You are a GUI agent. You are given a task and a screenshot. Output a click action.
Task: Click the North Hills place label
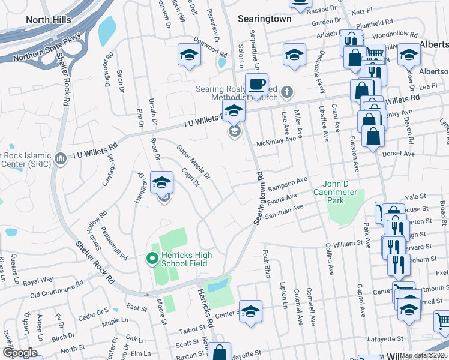point(48,20)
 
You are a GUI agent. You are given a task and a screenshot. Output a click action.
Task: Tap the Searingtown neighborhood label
point(265,19)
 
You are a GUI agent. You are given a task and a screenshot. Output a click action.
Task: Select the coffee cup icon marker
point(257,85)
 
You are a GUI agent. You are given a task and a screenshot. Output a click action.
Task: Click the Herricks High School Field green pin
point(152,259)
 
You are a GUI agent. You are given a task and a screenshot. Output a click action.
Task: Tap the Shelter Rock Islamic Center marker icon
point(60,159)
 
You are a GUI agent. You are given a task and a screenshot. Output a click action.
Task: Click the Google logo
point(19,353)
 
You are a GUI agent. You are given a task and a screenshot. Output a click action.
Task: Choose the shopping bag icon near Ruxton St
point(220,352)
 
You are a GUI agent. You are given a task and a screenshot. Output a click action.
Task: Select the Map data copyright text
point(423,355)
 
